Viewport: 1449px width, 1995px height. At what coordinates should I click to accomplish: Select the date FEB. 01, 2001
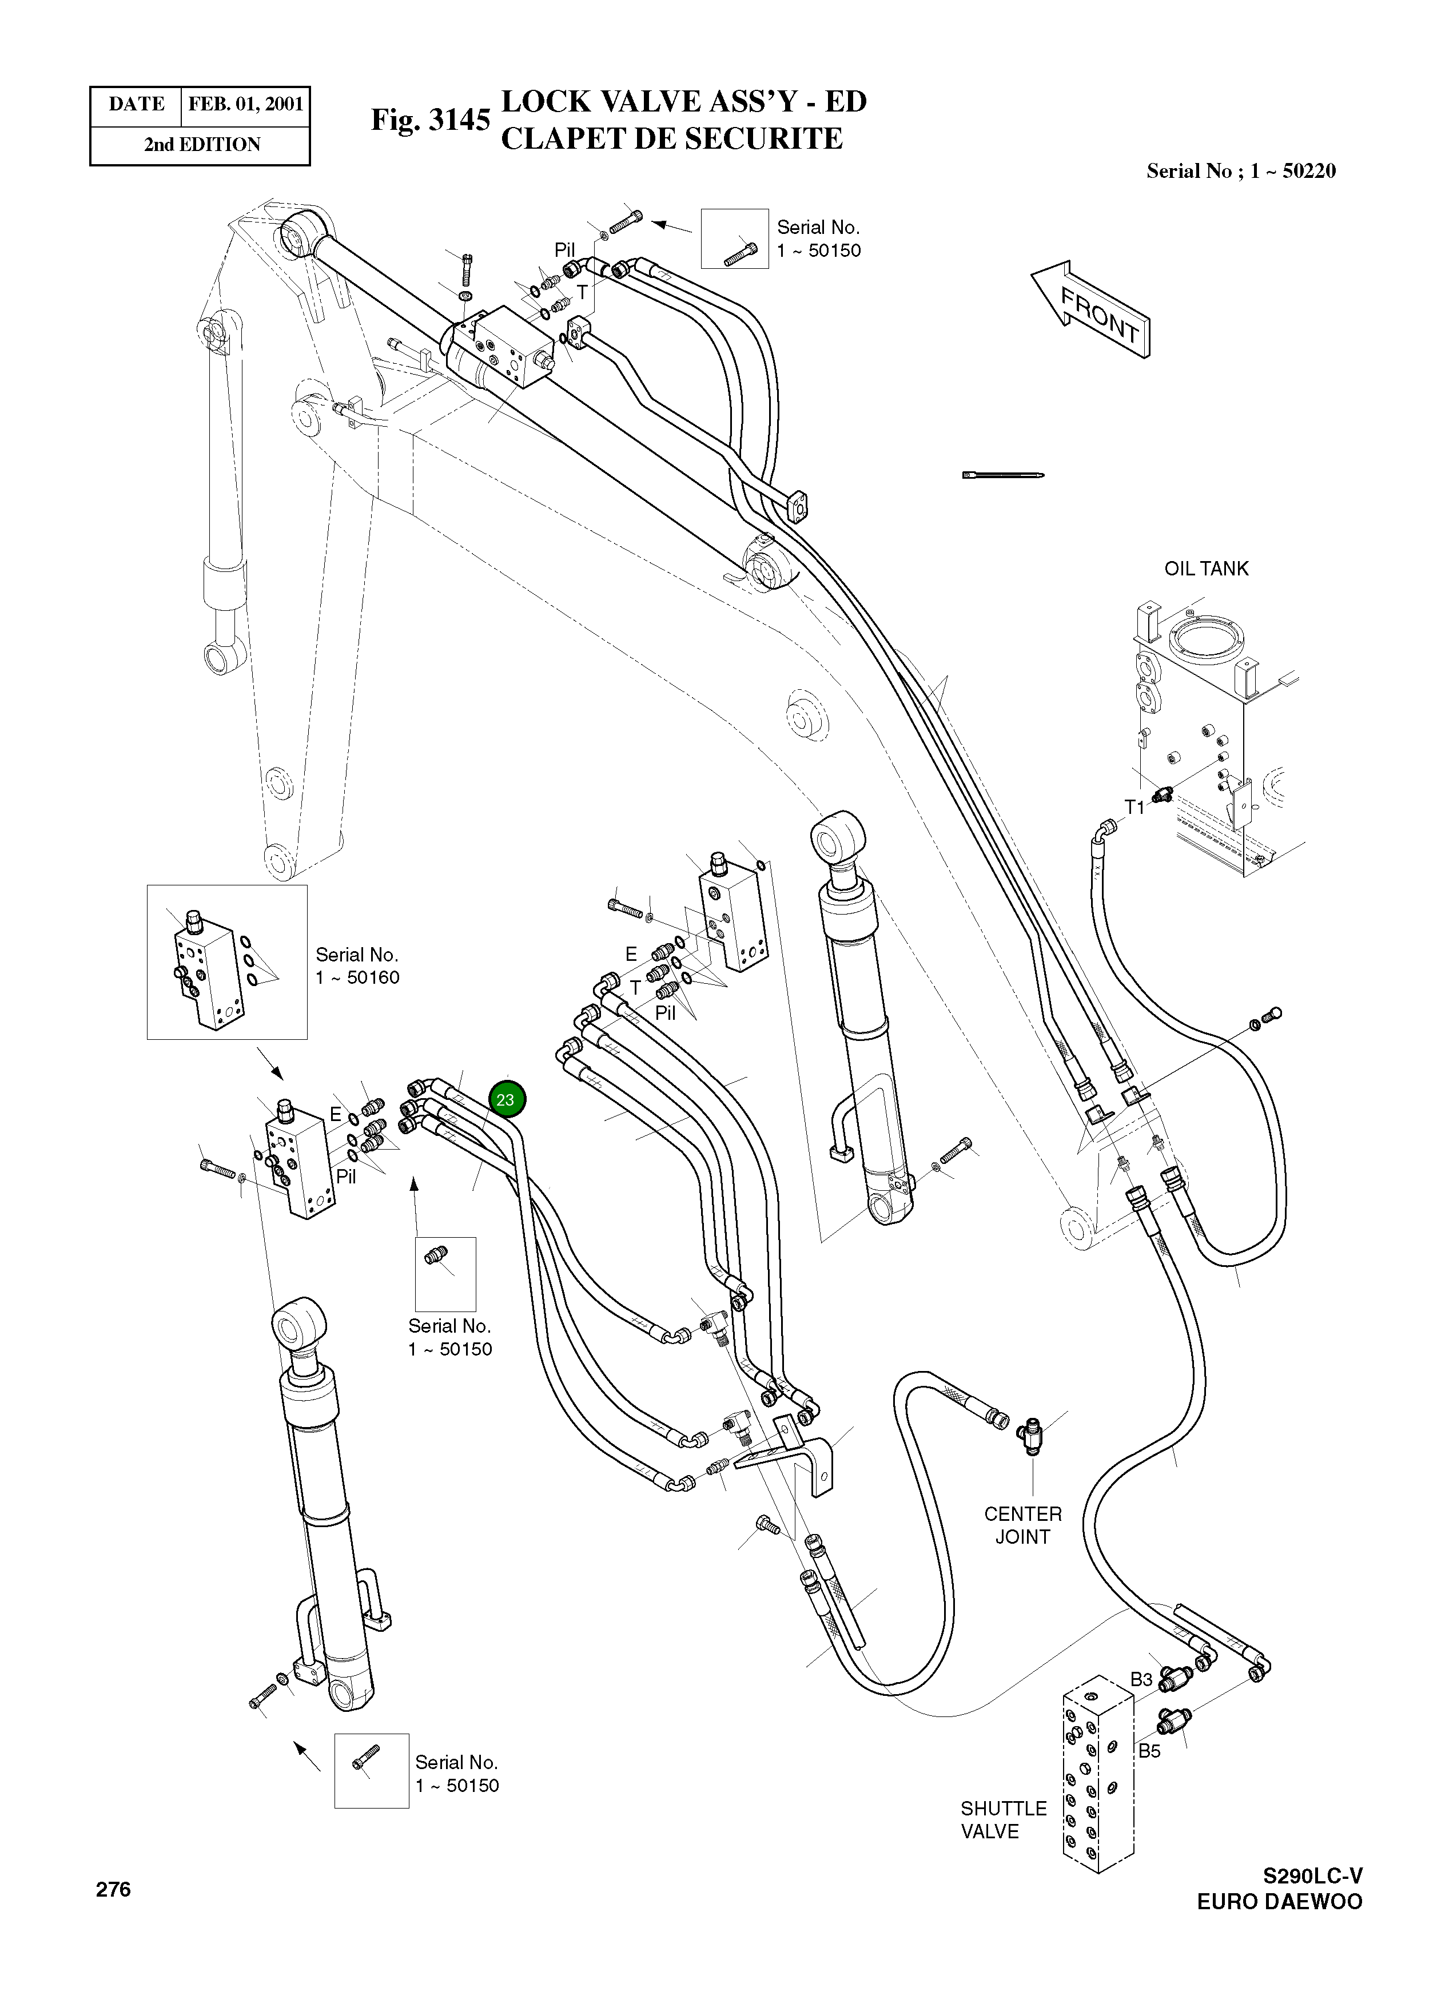[245, 105]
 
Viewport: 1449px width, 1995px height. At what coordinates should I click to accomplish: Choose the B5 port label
[1149, 1750]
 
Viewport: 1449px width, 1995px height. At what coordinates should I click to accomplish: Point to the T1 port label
[1135, 806]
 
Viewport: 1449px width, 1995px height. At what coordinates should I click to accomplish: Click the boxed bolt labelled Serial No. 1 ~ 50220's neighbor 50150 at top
[735, 239]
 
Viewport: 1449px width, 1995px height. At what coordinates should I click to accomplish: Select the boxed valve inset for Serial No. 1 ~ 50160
[227, 961]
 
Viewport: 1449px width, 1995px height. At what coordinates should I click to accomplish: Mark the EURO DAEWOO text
[1279, 1902]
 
